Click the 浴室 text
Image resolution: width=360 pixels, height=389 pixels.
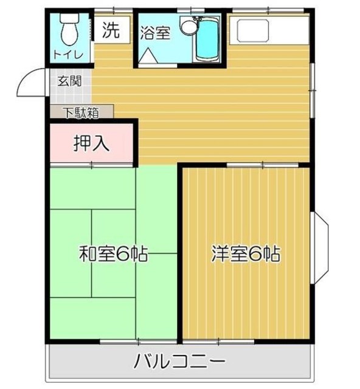pos(155,33)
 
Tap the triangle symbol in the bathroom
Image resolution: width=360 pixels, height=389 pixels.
pos(148,56)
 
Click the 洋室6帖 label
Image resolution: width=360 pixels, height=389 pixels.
pos(246,253)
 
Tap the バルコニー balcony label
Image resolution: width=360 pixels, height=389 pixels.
pos(181,363)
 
